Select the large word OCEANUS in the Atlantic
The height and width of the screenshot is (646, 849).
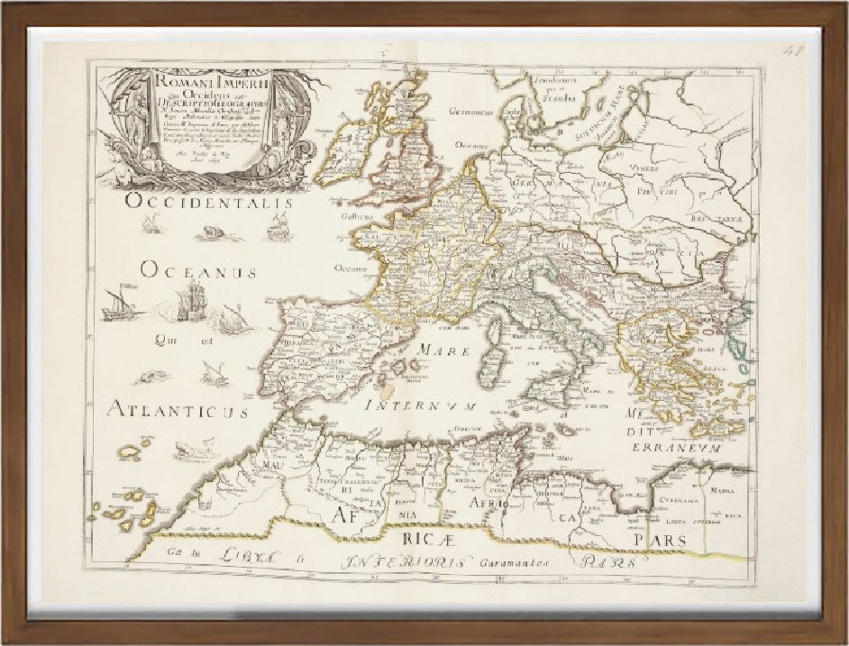(x=199, y=270)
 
